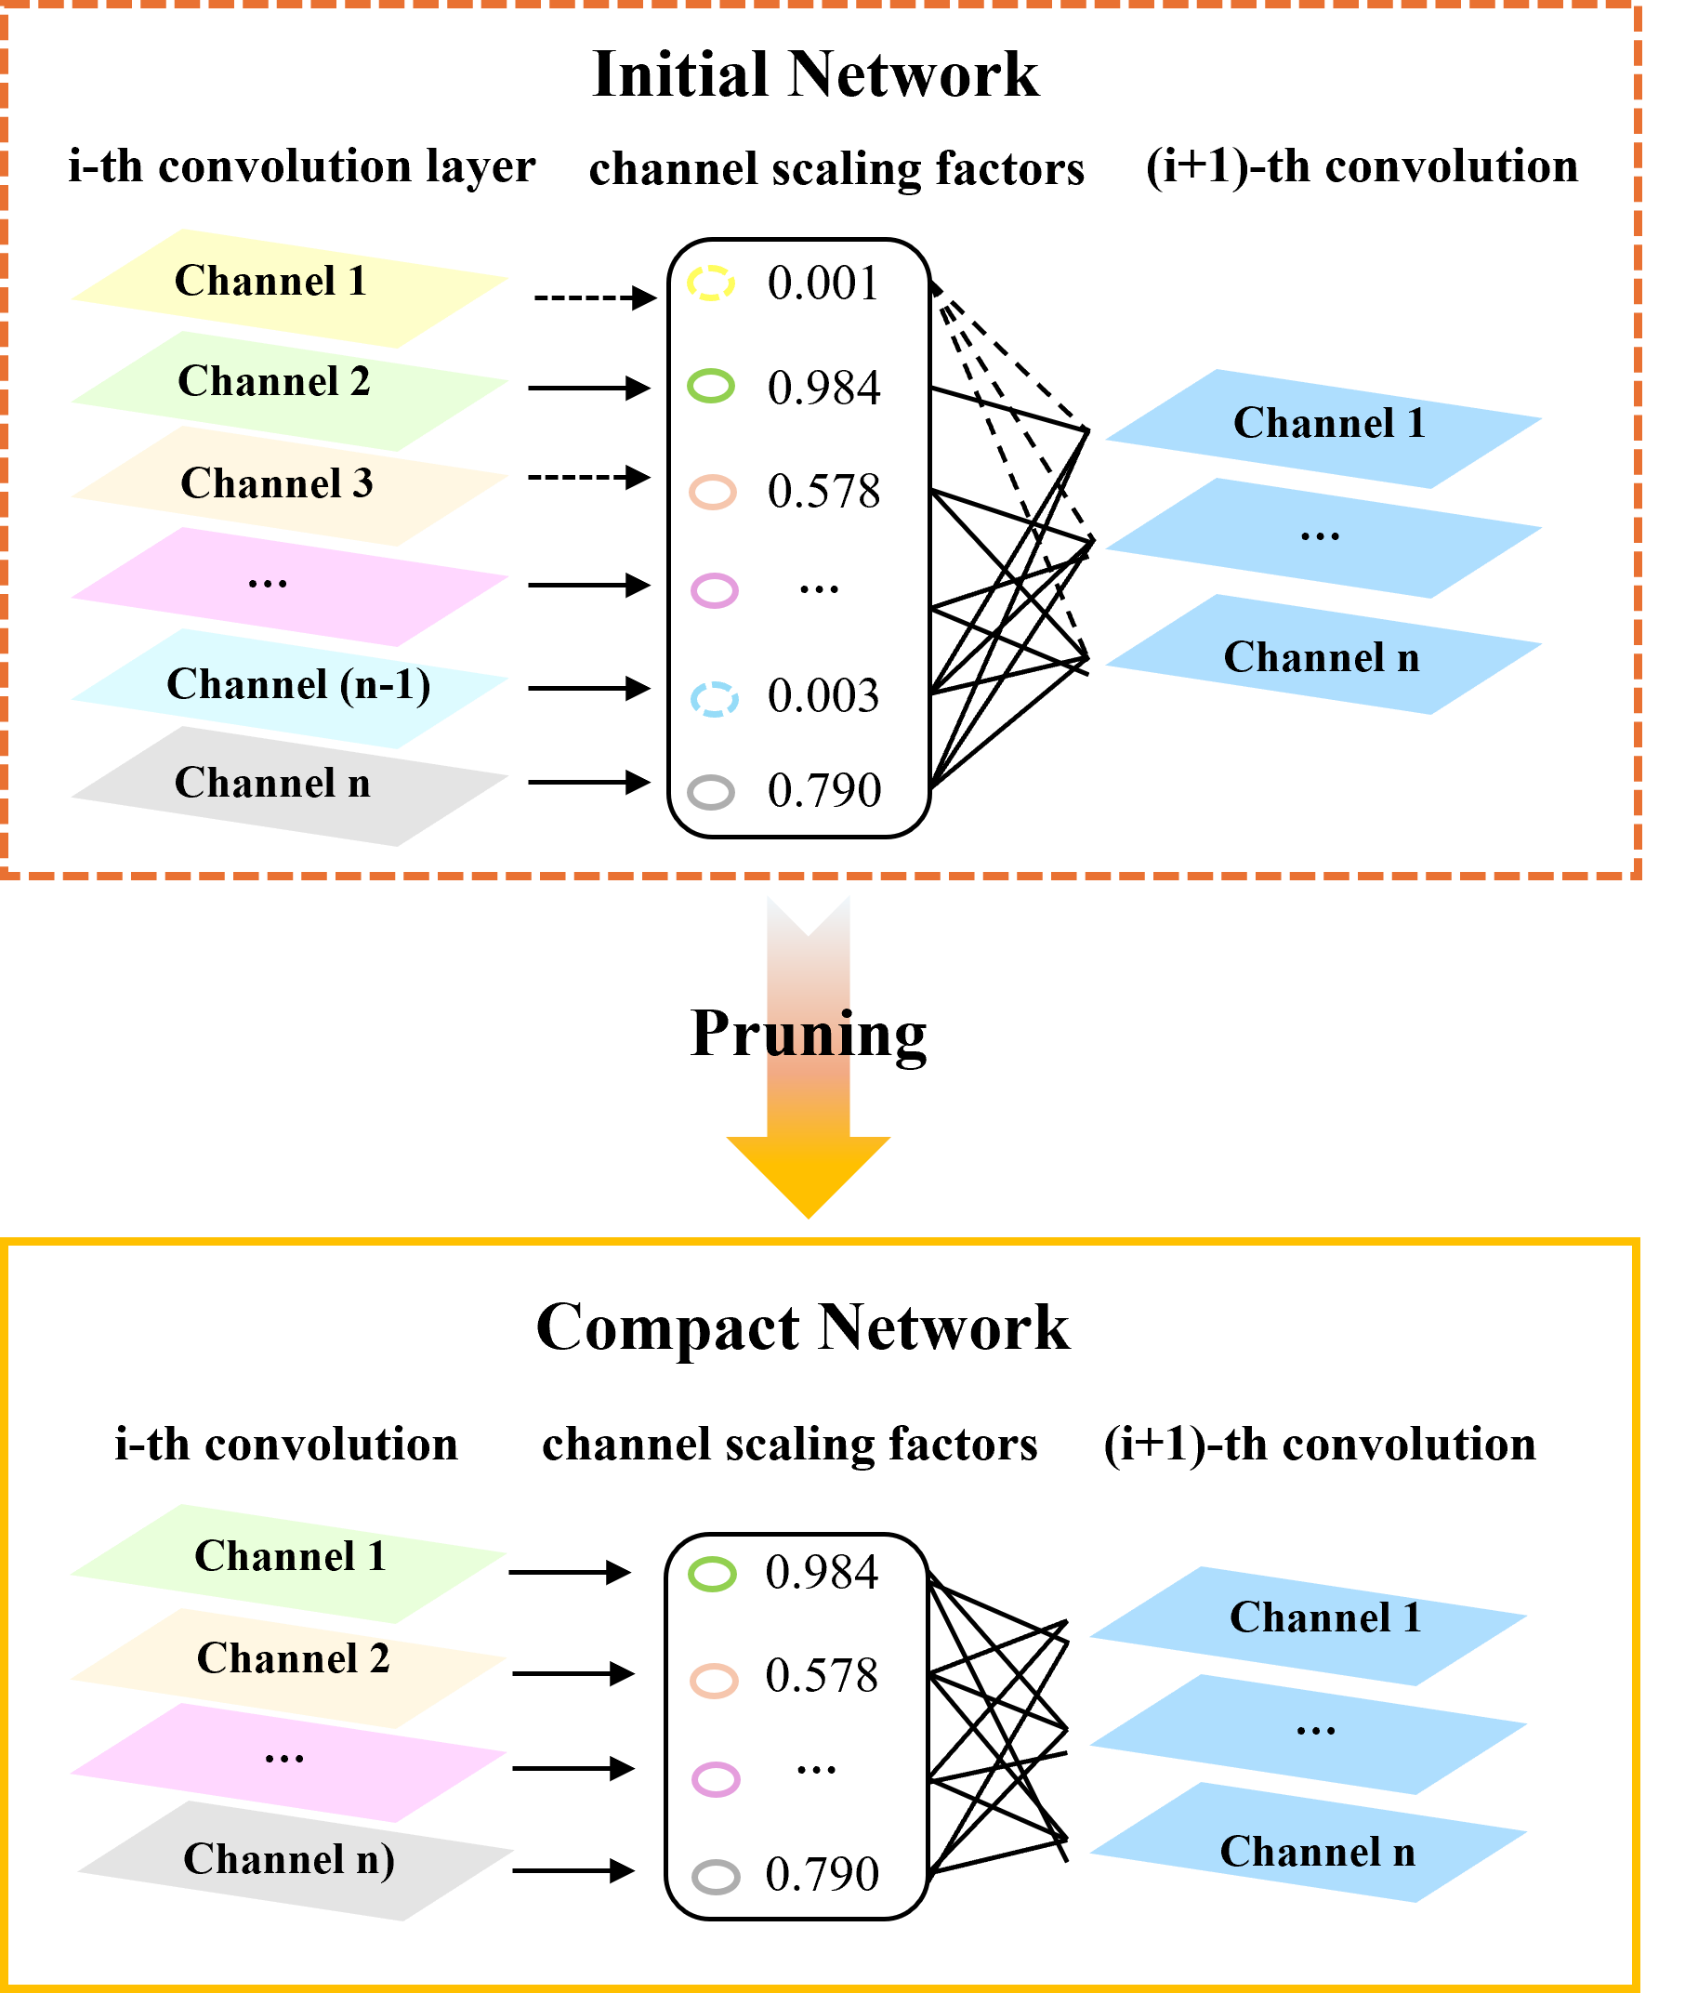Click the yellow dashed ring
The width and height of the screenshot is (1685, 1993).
click(711, 283)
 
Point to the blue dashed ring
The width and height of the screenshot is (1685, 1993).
click(715, 699)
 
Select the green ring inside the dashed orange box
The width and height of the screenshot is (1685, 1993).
click(711, 386)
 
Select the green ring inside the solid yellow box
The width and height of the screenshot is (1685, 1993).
click(713, 1575)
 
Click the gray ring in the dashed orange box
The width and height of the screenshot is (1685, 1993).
click(711, 792)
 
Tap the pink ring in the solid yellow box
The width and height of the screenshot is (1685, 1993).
click(716, 1780)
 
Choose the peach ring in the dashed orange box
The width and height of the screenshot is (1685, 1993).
click(713, 492)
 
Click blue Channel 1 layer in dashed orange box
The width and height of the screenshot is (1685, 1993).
click(1323, 428)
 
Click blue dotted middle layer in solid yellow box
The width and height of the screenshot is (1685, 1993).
click(1308, 1734)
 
